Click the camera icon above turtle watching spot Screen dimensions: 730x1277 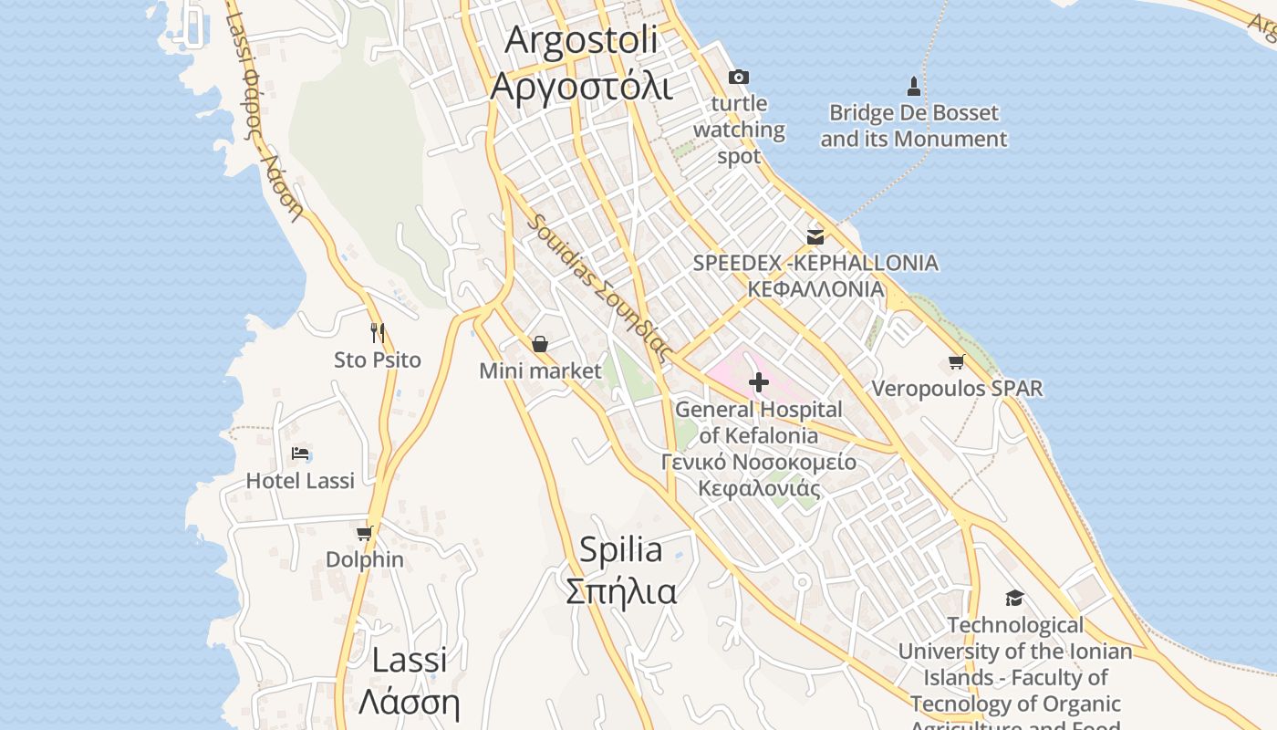pos(738,78)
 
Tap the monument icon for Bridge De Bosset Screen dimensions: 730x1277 pos(913,87)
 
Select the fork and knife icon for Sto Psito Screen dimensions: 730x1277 pos(378,332)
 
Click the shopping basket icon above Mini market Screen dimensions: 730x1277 pos(540,344)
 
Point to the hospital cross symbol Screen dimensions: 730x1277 pos(758,382)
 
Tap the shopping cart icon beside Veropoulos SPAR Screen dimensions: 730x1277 pos(956,362)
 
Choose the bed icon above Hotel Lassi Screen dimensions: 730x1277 pos(300,454)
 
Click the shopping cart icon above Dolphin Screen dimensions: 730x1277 pos(365,533)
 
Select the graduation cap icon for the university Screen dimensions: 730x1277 pos(1014,599)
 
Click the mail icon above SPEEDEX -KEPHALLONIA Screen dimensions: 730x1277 pos(815,237)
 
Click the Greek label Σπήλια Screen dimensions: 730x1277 pos(621,591)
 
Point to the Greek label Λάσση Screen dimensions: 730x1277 pos(409,702)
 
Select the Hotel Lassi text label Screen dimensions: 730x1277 pos(300,481)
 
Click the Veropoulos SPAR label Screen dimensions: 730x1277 pos(957,389)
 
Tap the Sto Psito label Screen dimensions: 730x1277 pos(378,360)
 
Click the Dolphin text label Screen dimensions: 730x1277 pos(365,559)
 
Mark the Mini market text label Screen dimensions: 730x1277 pos(540,370)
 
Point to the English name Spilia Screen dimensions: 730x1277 pos(621,549)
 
